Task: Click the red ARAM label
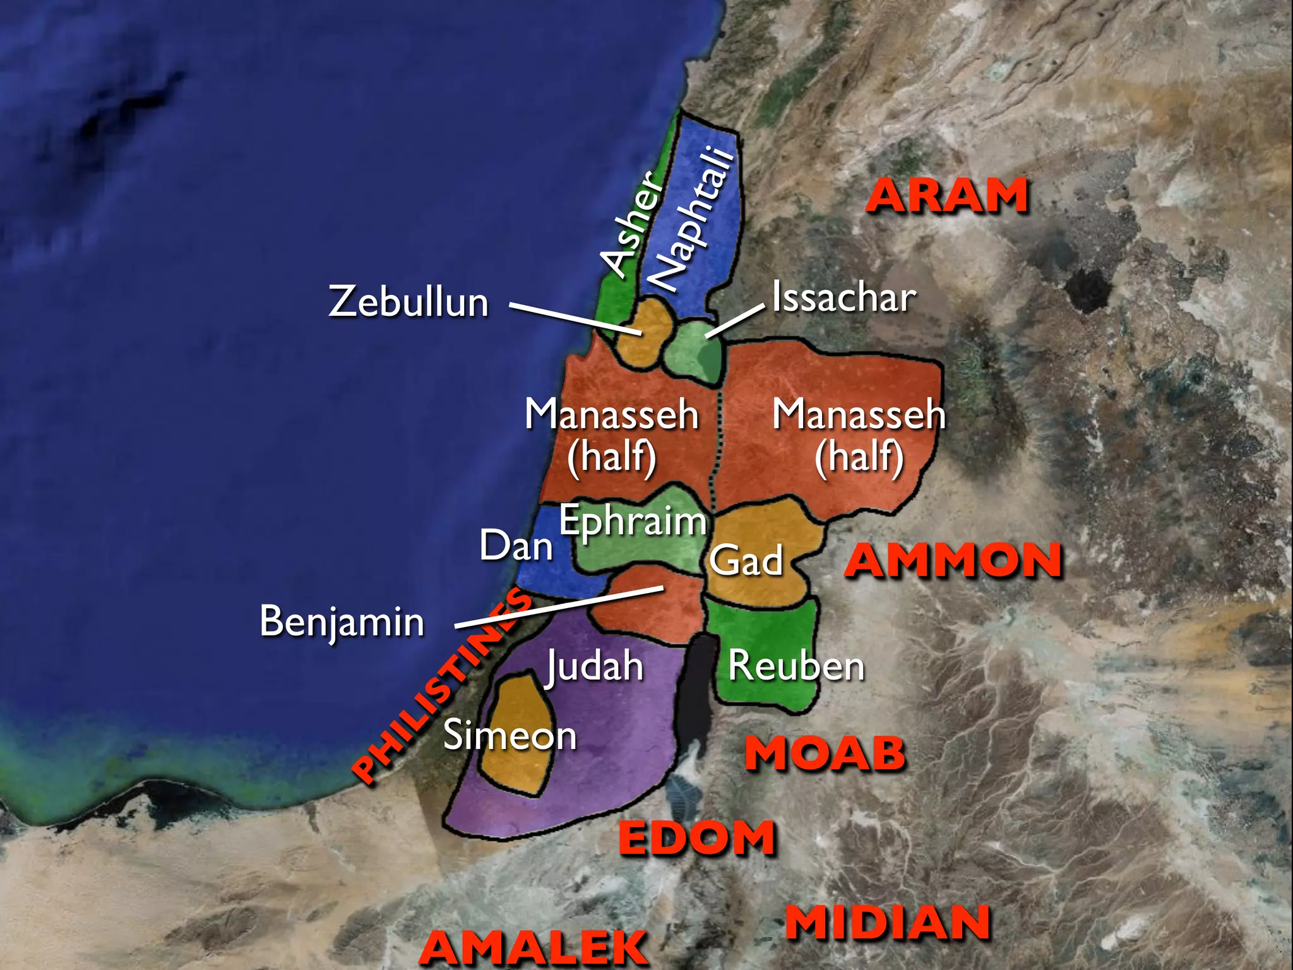[947, 196]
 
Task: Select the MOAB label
[825, 753]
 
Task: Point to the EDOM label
[697, 838]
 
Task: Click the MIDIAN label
[888, 923]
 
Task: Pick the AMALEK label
[533, 947]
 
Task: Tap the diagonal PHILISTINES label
[442, 685]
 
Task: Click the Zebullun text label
[408, 301]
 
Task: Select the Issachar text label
[844, 297]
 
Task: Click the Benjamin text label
[342, 621]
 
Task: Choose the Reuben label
[796, 666]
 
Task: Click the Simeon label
[509, 736]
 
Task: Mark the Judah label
[594, 666]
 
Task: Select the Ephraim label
[633, 522]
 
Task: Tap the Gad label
[746, 560]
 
